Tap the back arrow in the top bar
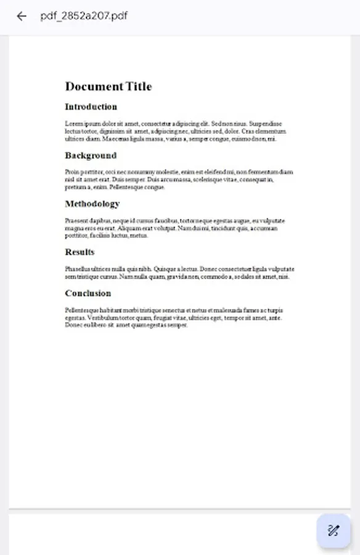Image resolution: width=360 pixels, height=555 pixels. coord(22,16)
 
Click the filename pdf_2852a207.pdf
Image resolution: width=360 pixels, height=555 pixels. coord(84,16)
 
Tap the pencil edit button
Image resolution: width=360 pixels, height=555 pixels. coord(333,530)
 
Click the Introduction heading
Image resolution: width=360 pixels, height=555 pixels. coord(91,107)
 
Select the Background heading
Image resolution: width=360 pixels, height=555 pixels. coord(91,155)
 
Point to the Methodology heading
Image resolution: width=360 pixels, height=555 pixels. coord(92,203)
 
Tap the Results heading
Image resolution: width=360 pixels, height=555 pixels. coord(80,252)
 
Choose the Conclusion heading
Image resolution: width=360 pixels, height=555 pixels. coord(88,293)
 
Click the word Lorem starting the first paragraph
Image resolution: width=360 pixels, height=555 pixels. coord(73,123)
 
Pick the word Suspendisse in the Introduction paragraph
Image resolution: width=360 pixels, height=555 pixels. coord(265,123)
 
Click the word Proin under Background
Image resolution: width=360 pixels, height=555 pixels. coord(72,172)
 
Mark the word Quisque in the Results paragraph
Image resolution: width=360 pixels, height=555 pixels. coord(166,269)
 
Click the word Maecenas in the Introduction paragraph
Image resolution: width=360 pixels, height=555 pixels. coord(117,139)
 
